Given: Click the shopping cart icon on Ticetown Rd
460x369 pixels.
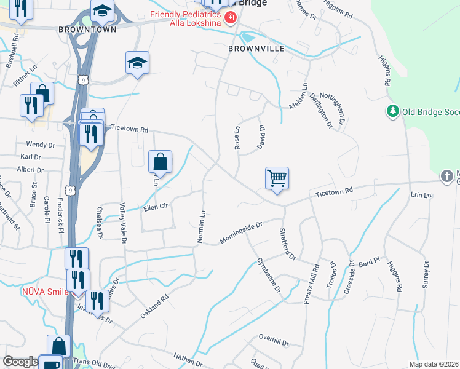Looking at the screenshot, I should (277, 179).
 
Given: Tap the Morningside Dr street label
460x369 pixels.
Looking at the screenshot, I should (242, 233).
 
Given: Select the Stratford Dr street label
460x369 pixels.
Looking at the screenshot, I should (287, 244).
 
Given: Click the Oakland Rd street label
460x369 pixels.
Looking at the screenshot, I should (154, 306).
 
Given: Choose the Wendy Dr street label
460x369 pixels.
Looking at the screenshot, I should (44, 145).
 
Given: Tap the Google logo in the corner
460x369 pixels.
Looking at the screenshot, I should (20, 362).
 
